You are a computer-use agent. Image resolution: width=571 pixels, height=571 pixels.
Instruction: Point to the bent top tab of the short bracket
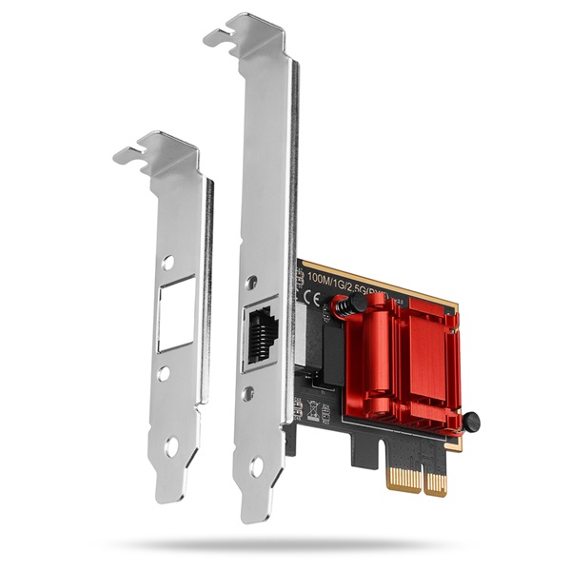click(x=152, y=150)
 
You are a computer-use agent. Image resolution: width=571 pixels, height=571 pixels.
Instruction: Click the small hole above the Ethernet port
click(x=252, y=283)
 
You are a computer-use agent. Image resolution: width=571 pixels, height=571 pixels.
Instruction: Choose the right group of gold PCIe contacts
click(x=435, y=483)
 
